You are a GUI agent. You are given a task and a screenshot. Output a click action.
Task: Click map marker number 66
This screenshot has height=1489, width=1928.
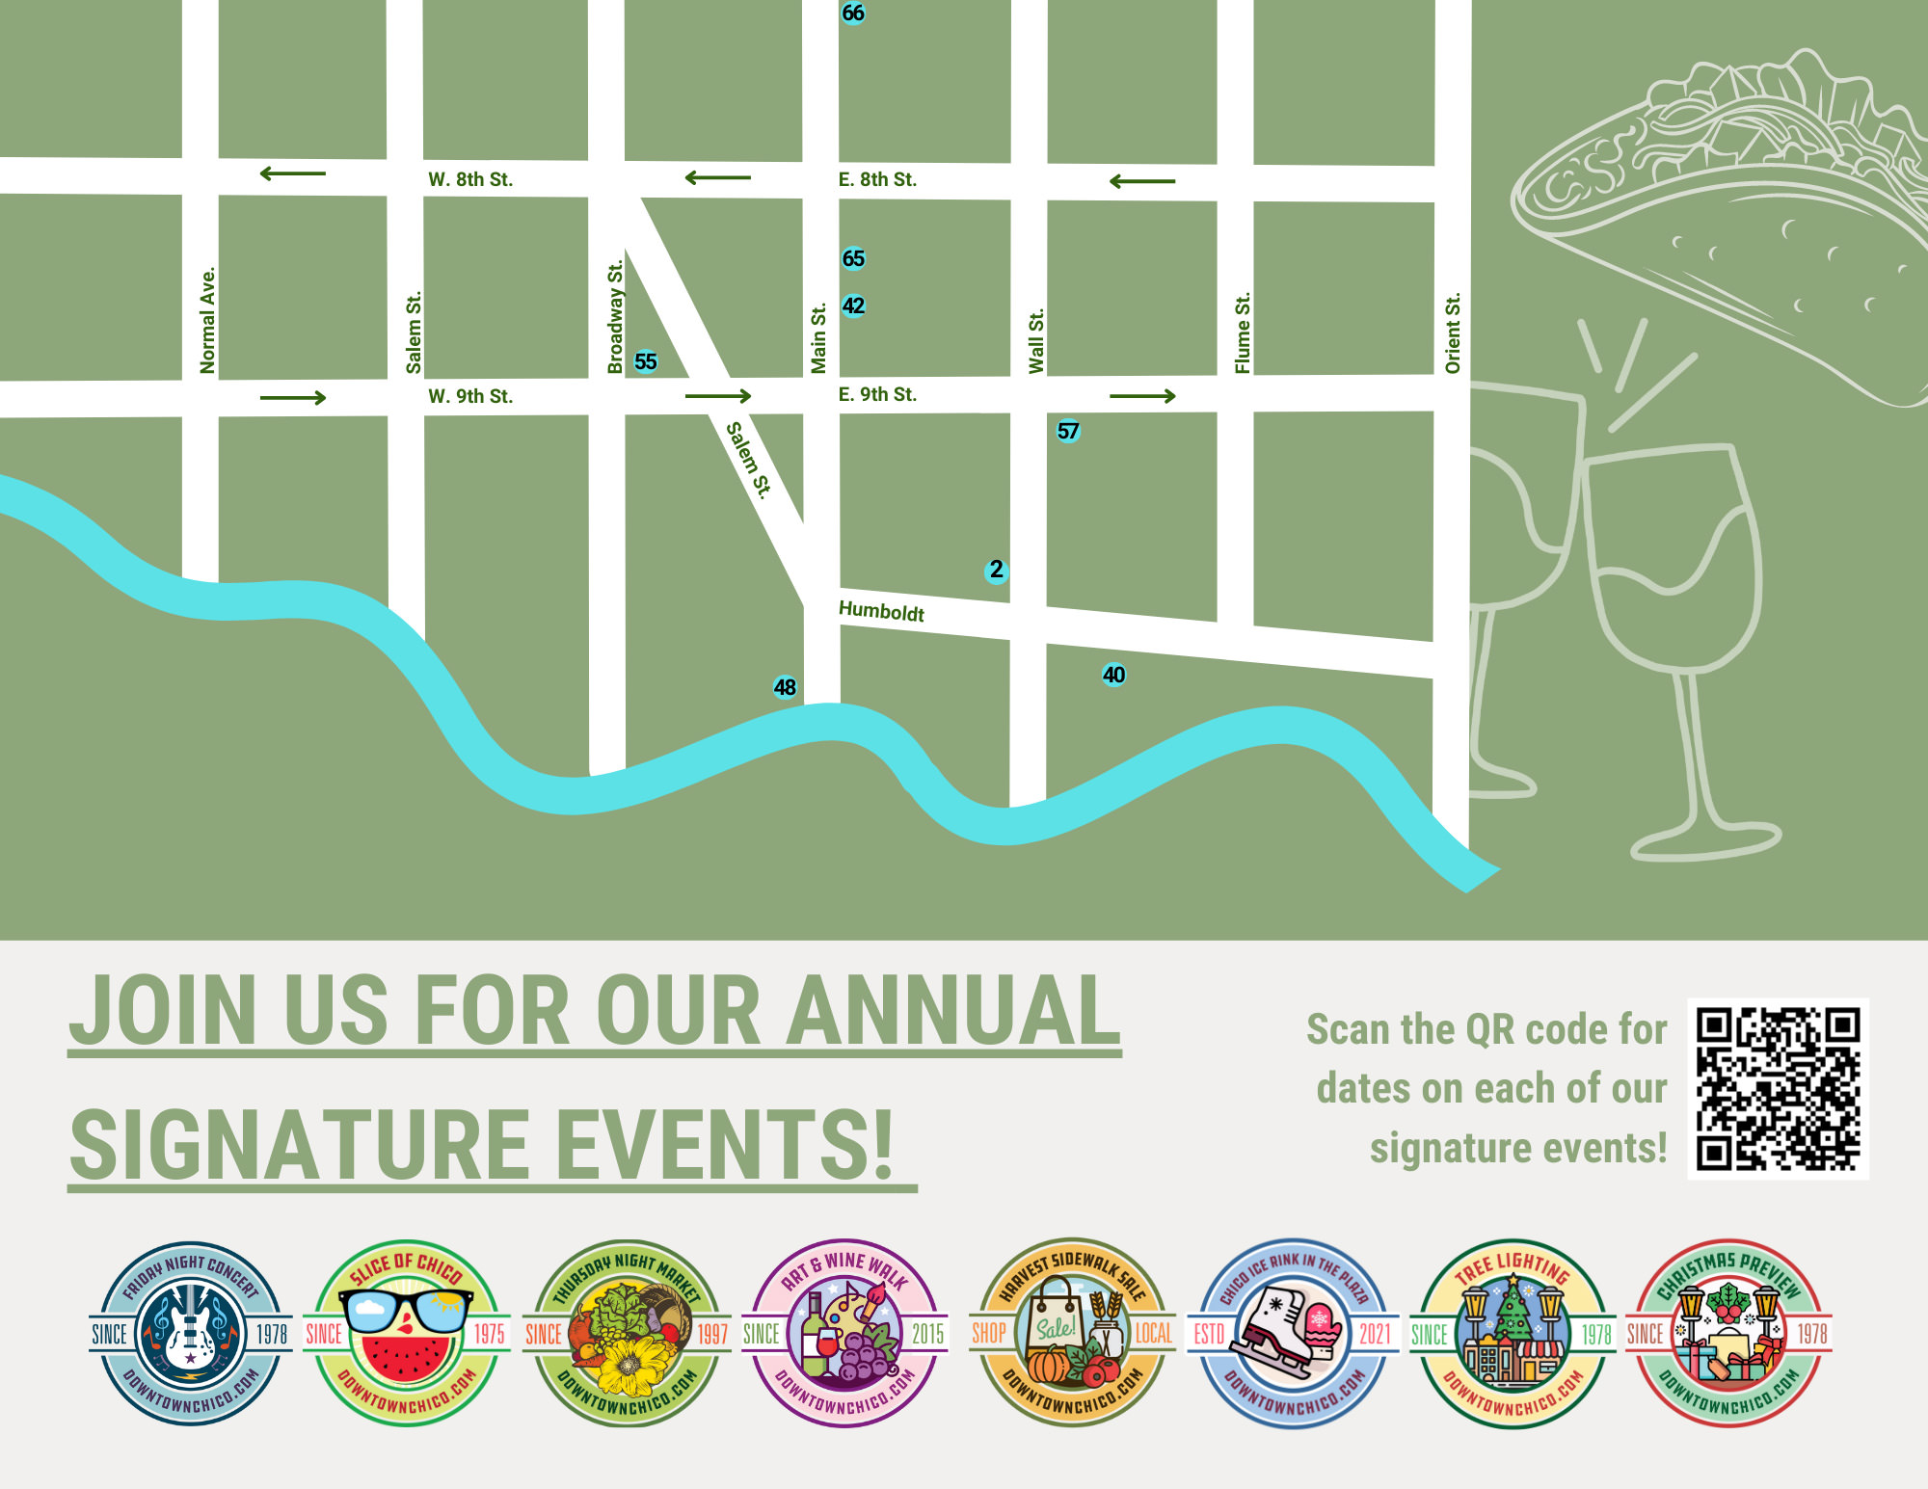point(853,13)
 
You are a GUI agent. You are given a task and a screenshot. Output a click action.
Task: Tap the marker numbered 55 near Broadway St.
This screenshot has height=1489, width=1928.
point(646,361)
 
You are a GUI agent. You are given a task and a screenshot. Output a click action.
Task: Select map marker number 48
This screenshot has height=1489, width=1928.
point(785,687)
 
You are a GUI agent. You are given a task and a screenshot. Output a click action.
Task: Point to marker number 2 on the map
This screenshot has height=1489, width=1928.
point(996,570)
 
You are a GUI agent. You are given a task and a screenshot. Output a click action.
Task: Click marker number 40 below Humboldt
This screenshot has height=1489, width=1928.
point(1113,675)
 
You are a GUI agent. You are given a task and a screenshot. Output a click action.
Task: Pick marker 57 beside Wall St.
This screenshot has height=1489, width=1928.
point(1068,431)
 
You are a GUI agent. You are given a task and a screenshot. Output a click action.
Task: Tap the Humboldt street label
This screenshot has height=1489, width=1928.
point(881,611)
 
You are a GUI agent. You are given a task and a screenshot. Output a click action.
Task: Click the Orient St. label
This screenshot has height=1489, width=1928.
point(1453,332)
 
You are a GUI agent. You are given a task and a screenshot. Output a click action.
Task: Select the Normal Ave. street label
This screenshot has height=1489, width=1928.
point(207,320)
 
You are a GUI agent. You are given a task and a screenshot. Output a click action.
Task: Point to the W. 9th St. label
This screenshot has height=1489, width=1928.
point(470,396)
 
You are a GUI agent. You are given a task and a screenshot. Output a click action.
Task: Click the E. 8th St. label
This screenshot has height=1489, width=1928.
point(877,179)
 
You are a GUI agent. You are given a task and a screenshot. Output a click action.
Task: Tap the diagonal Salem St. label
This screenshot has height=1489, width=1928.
point(749,460)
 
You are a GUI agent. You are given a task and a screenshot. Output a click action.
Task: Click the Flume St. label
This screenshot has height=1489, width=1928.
point(1244,332)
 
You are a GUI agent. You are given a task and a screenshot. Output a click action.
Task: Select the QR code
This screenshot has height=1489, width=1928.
point(1778,1088)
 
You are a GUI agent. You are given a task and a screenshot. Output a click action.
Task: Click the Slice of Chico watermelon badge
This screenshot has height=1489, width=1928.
point(407,1333)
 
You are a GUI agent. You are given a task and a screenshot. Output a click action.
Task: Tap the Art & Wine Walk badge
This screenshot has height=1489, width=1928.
point(844,1333)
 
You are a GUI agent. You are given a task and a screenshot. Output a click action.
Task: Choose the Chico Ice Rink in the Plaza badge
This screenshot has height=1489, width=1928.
point(1293,1333)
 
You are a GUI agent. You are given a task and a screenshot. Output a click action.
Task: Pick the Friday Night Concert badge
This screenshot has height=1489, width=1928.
point(191,1333)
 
